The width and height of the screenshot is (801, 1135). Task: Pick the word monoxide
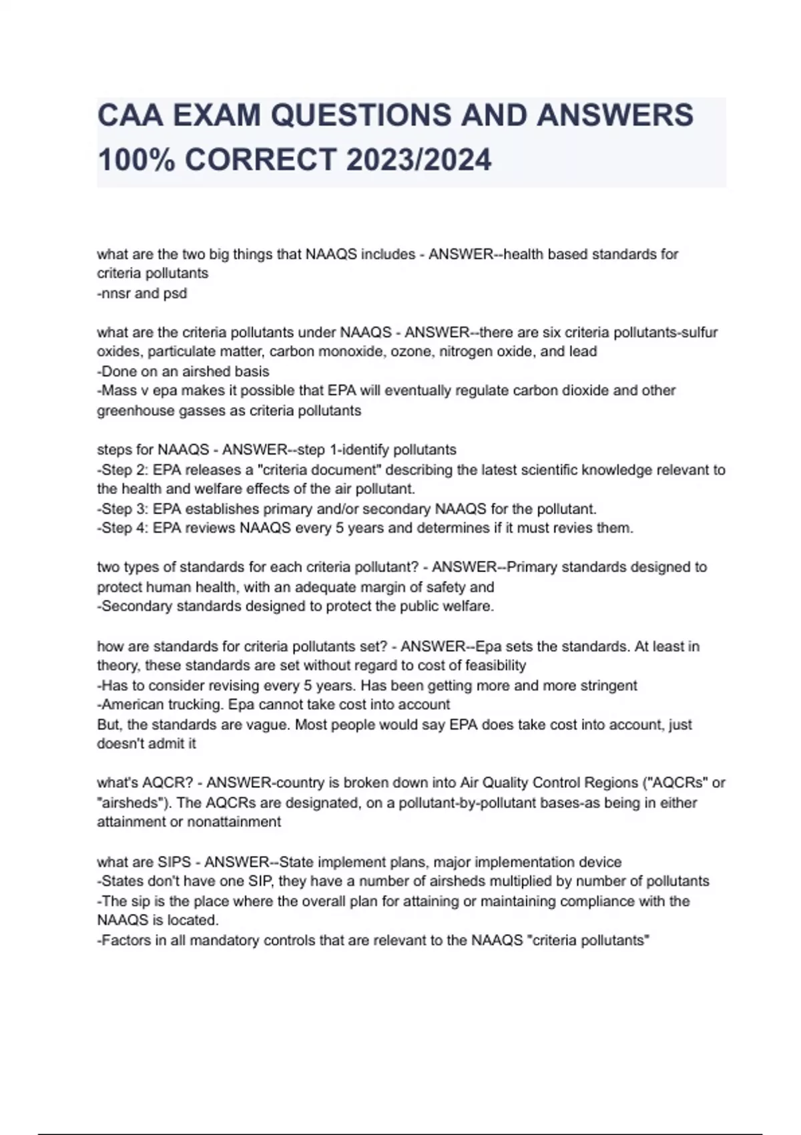(350, 351)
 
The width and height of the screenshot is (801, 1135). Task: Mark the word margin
(382, 587)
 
